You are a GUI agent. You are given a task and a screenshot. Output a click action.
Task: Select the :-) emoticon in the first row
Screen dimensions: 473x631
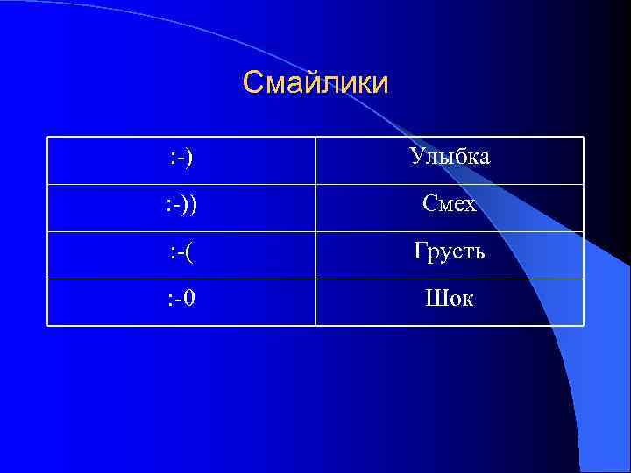182,158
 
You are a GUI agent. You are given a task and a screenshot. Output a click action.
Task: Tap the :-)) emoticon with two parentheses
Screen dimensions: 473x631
182,205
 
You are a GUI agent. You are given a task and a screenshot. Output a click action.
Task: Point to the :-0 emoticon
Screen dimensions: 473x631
182,300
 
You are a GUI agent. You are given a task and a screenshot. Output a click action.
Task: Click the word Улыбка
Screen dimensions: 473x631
450,158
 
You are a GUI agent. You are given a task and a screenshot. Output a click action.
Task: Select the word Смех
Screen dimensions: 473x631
450,205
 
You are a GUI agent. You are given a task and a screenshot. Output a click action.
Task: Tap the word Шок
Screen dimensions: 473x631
450,300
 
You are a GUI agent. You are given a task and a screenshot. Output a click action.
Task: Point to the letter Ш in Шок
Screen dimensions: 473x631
434,300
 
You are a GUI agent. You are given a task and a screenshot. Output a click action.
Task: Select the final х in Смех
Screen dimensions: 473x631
471,207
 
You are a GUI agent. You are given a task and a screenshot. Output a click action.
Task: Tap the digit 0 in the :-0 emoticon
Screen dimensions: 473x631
190,300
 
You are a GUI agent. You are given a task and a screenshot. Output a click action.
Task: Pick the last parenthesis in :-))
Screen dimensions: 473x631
193,205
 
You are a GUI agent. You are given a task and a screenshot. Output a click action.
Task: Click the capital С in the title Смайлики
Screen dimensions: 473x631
252,83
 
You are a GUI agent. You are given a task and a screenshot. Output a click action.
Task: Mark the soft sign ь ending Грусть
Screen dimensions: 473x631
479,254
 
